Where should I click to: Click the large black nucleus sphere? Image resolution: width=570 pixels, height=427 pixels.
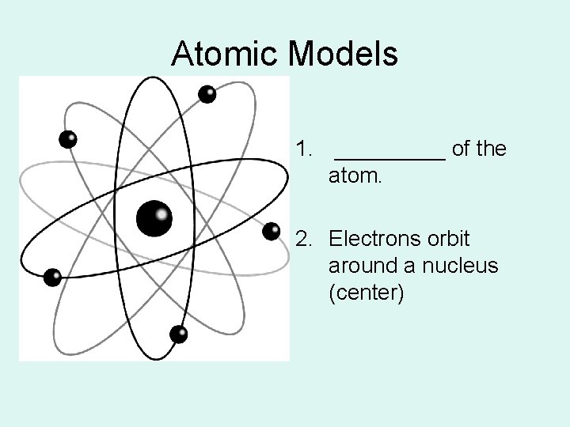154,218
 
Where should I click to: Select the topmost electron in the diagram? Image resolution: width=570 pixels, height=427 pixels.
207,94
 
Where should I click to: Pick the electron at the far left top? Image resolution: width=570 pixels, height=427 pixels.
69,139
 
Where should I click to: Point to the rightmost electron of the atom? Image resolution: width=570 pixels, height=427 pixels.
272,230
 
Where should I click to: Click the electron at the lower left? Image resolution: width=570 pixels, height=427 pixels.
52,277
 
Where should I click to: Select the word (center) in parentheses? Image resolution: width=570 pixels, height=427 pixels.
366,294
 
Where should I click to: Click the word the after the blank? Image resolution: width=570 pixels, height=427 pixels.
490,149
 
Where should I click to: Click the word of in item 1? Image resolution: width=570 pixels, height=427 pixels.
460,149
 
